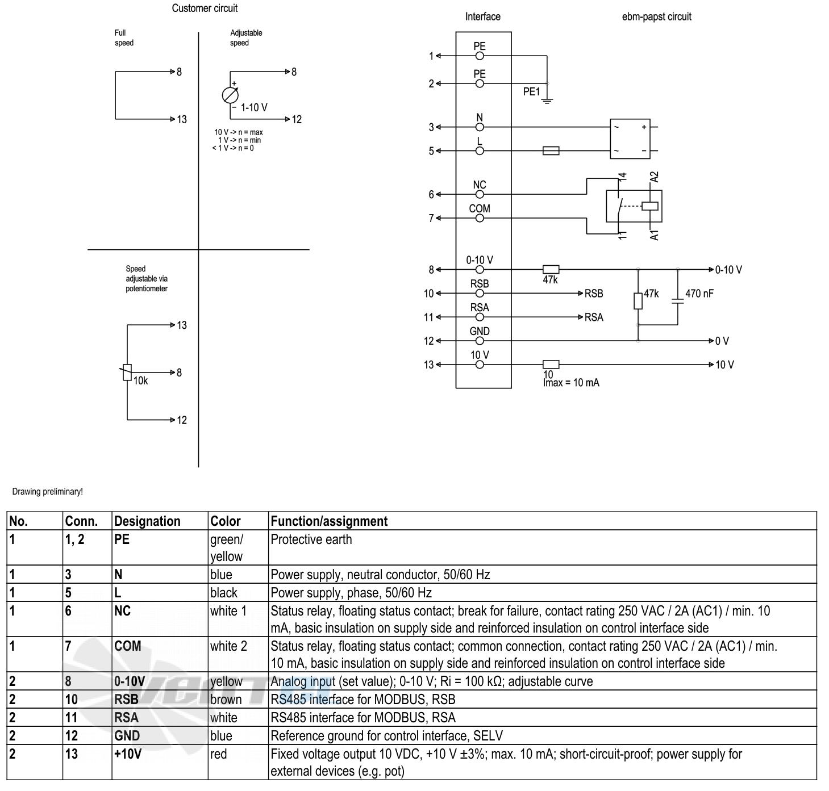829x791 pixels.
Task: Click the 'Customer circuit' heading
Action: tap(205, 8)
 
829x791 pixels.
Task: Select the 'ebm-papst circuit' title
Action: tap(656, 16)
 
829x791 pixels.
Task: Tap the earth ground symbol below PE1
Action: tap(547, 101)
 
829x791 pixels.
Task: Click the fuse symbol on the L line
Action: tap(551, 150)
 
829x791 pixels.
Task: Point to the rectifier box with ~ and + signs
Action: tap(630, 139)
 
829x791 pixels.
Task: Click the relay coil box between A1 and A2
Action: tap(650, 206)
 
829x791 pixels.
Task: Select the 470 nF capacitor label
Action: tap(699, 294)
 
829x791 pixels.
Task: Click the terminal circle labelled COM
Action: tap(480, 218)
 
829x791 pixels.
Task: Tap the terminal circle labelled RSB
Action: tap(480, 294)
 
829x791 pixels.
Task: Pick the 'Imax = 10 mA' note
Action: tap(571, 383)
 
